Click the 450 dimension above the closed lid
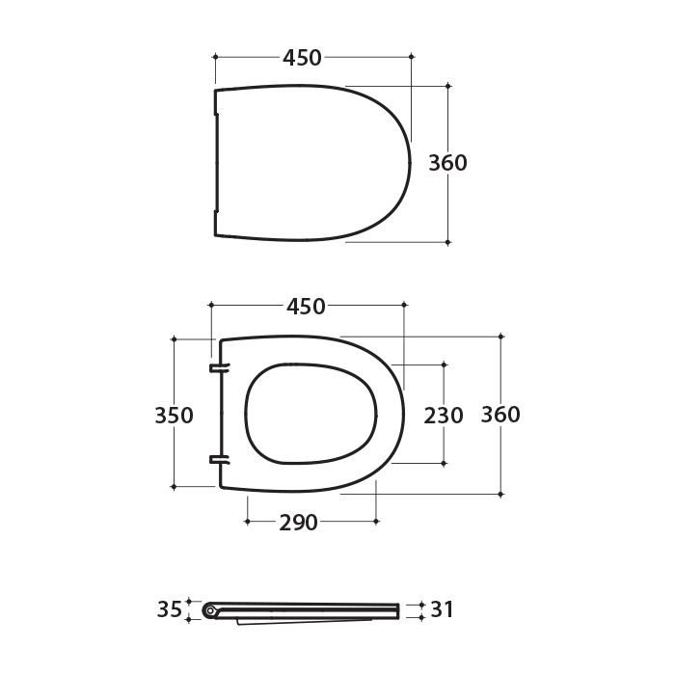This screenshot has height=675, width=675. coord(302,58)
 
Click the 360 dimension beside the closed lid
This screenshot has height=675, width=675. coord(447,163)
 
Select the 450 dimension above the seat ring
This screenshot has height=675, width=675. coord(306,307)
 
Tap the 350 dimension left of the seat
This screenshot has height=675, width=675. coord(174,416)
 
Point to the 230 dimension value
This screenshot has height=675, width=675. coord(444,416)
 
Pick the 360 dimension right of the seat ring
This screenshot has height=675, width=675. coord(500,415)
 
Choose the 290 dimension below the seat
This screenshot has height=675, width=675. coord(298,523)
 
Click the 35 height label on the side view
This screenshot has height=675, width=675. coord(170,609)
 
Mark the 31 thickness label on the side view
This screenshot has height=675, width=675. coord(442,609)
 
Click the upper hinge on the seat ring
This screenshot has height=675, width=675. coord(220,367)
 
